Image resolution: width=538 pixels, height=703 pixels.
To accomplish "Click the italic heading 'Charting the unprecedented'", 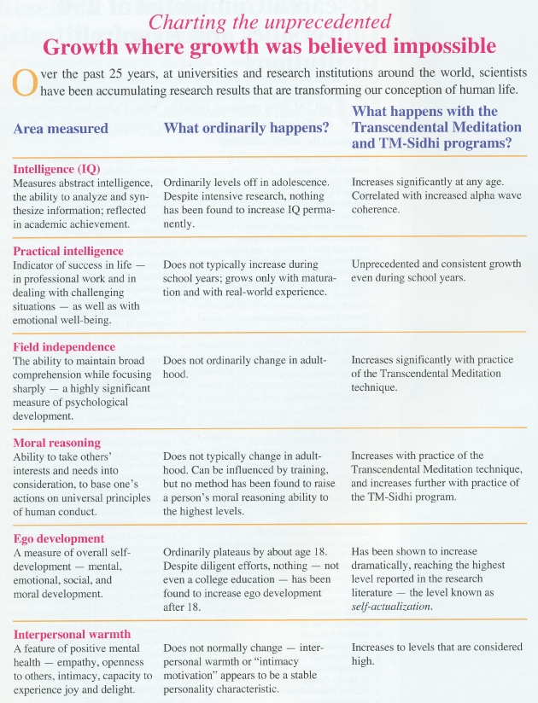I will pyautogui.click(x=270, y=20).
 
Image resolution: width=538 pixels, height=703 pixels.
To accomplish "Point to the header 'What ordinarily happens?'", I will pyautogui.click(x=246, y=129).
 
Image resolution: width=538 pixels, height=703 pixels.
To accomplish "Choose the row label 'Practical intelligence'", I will pyautogui.click(x=68, y=251).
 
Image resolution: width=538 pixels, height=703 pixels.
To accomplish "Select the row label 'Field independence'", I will pyautogui.click(x=64, y=347).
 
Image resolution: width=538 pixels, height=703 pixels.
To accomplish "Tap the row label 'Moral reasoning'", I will pyautogui.click(x=56, y=442).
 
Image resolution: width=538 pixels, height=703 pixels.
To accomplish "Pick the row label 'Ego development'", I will pyautogui.click(x=58, y=538).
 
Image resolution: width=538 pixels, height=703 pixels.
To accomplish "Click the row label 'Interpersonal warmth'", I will pyautogui.click(x=72, y=634).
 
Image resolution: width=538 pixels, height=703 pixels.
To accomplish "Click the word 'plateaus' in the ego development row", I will pyautogui.click(x=234, y=552).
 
